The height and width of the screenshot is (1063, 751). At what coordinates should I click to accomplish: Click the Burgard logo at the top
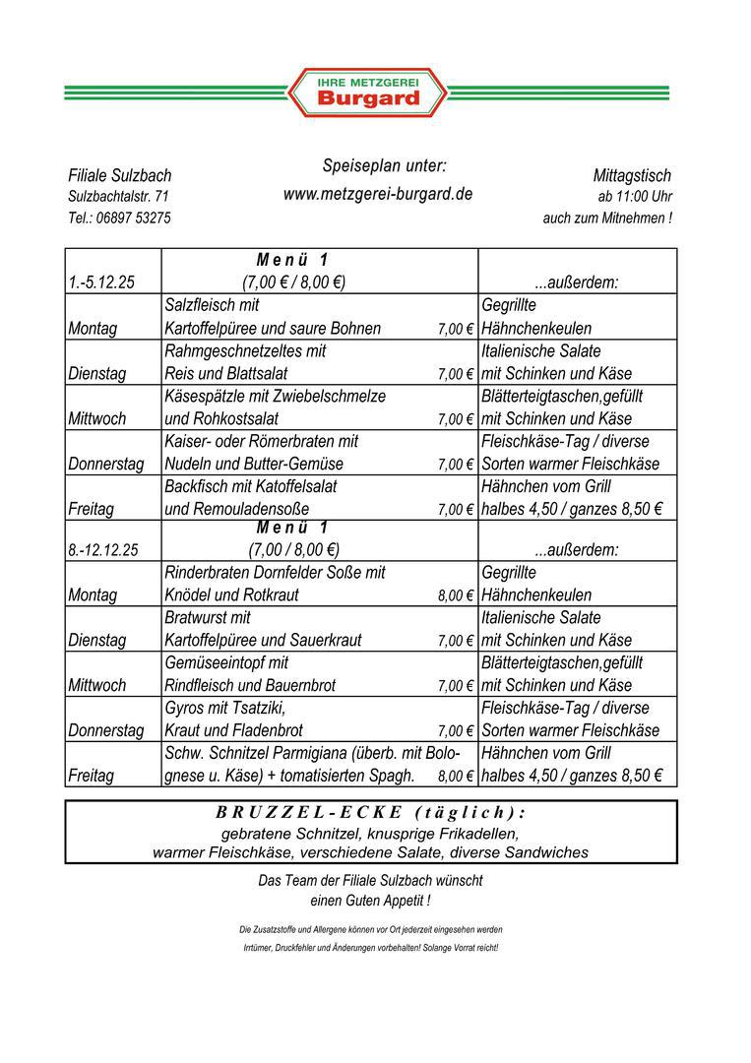click(367, 93)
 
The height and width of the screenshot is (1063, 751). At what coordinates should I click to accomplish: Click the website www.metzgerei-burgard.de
click(378, 194)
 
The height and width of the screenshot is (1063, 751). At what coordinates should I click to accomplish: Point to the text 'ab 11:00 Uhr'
click(635, 196)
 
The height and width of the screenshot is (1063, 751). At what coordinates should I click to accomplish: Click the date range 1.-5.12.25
click(101, 282)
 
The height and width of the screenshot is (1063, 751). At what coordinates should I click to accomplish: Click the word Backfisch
click(198, 486)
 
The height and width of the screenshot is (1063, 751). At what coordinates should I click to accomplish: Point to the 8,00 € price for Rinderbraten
click(456, 595)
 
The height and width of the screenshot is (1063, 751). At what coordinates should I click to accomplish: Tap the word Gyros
click(184, 708)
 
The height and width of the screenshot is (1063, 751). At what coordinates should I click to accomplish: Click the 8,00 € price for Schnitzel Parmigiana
click(456, 777)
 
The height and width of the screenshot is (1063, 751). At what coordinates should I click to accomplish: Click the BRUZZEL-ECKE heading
click(370, 813)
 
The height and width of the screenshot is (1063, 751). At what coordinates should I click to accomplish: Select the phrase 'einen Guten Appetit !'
click(370, 901)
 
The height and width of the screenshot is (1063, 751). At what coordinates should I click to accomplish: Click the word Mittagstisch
click(632, 175)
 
